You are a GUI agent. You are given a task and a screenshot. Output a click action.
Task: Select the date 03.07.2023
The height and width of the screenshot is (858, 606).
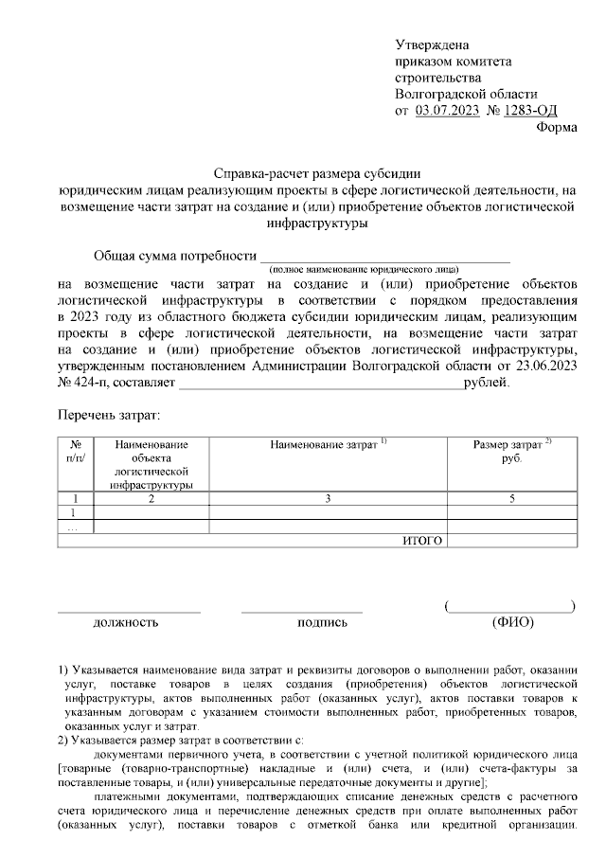click(447, 111)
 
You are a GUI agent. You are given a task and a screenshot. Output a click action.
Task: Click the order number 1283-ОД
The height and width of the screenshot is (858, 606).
click(530, 111)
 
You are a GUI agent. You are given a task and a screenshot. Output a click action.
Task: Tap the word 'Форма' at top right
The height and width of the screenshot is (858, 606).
click(556, 128)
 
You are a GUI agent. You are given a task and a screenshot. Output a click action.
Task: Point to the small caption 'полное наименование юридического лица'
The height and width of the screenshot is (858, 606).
click(384, 268)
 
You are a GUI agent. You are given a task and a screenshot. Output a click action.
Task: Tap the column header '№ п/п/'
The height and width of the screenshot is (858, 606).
click(76, 450)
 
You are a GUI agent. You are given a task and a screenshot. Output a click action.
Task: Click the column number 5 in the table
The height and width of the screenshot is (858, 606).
click(512, 497)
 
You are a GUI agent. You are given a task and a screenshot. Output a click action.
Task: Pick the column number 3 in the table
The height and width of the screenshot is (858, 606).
click(328, 497)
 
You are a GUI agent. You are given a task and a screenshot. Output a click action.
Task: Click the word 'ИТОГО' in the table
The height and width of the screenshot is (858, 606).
click(423, 540)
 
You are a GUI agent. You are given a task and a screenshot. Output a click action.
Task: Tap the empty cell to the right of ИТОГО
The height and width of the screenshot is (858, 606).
click(512, 540)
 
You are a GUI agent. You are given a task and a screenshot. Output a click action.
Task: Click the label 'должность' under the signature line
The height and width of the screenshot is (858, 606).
click(125, 622)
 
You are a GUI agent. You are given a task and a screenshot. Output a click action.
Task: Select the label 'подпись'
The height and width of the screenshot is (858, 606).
click(322, 622)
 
